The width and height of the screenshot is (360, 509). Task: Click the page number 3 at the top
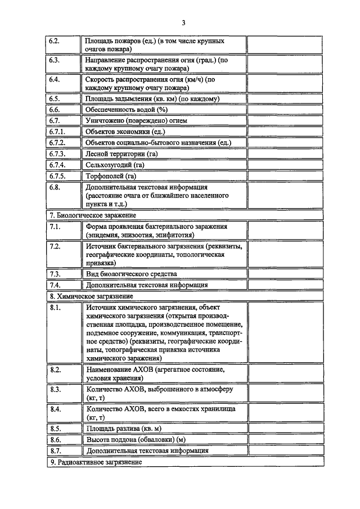(183, 22)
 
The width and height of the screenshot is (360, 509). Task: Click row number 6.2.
(55, 42)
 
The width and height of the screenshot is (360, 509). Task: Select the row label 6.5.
(55, 99)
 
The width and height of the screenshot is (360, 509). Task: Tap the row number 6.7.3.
(57, 154)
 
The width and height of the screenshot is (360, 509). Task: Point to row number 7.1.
(55, 226)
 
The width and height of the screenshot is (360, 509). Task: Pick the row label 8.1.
(55, 308)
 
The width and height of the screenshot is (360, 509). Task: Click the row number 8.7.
(55, 450)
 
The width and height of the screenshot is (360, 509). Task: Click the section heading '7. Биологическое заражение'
(92, 215)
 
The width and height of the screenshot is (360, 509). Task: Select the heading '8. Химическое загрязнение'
(91, 296)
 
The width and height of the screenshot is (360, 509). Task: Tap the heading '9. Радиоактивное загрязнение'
(96, 462)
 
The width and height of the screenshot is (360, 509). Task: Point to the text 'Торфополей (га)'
(111, 175)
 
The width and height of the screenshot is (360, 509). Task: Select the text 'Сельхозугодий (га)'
(115, 165)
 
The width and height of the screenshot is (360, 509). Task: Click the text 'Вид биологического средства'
(131, 274)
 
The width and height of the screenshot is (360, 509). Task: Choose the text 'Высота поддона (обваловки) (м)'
(135, 439)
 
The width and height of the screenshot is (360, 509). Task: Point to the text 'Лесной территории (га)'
(121, 154)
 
